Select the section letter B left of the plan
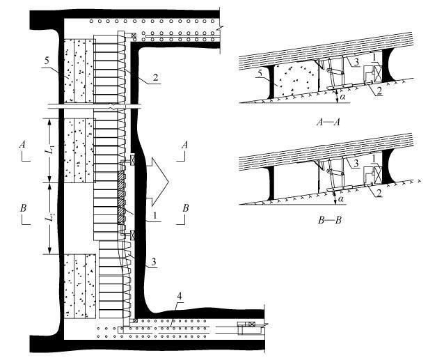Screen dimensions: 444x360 click(24, 208)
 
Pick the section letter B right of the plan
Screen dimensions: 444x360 click(184, 208)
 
